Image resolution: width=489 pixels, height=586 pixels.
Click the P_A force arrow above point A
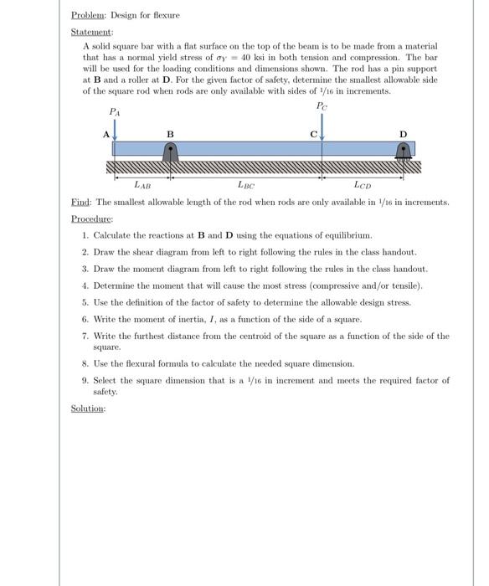click(114, 127)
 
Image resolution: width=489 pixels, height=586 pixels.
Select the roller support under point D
click(403, 152)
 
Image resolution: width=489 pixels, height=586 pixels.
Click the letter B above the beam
click(170, 134)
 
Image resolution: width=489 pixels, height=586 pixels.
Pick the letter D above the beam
click(403, 133)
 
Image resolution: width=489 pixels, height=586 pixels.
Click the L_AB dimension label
click(143, 184)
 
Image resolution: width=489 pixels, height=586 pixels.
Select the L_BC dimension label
click(246, 184)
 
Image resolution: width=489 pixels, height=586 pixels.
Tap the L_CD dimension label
click(363, 184)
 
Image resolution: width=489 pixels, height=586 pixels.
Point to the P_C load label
click(322, 105)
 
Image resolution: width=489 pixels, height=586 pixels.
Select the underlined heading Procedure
click(91, 218)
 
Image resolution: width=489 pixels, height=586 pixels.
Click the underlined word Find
click(82, 203)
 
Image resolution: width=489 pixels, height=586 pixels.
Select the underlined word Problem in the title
click(86, 14)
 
